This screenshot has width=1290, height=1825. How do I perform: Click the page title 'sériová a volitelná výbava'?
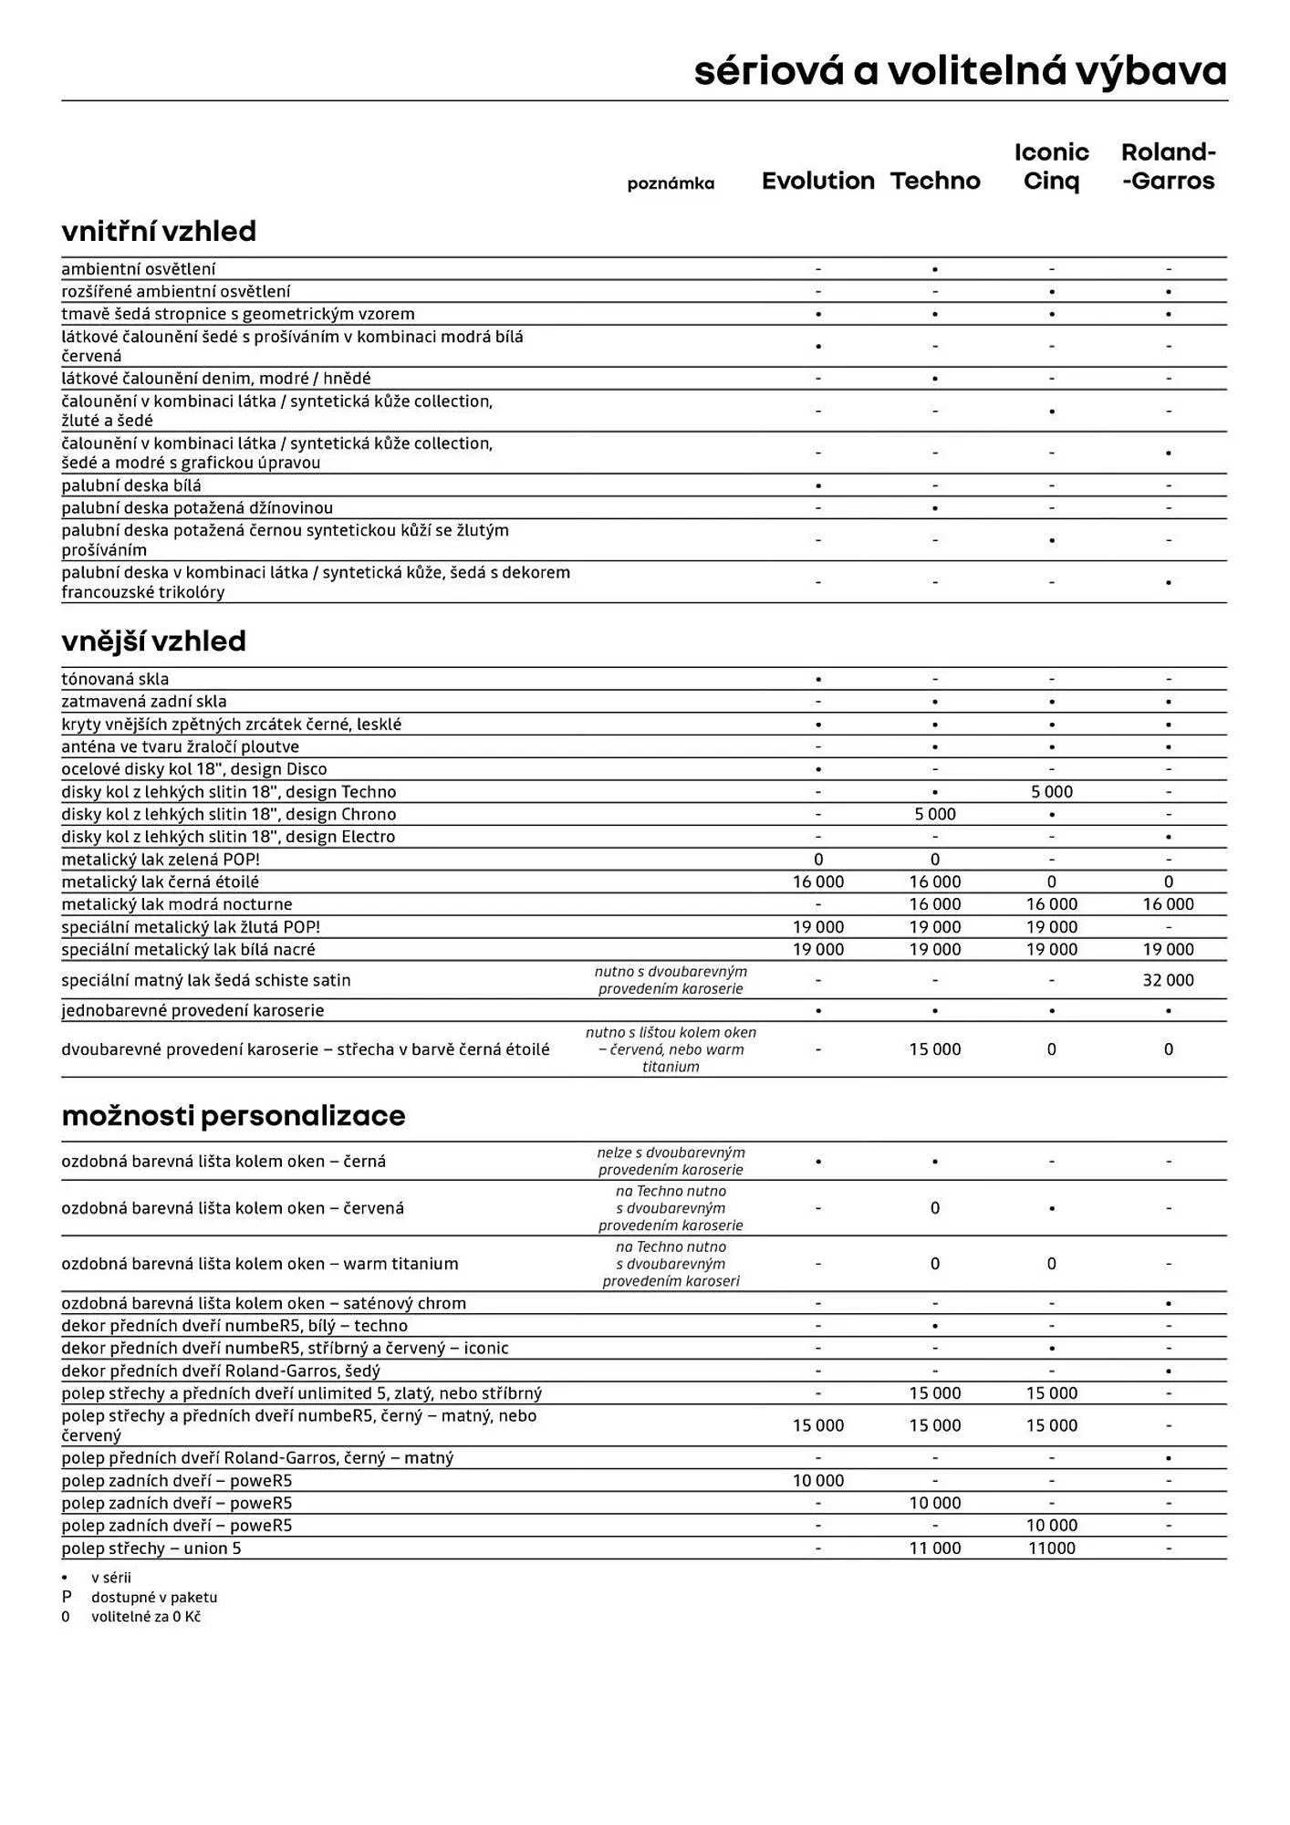pyautogui.click(x=960, y=71)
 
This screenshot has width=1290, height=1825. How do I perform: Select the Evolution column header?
pyautogui.click(x=817, y=181)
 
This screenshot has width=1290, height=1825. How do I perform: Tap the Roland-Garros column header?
pyautogui.click(x=1168, y=166)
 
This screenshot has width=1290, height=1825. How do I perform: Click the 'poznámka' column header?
pyautogui.click(x=671, y=183)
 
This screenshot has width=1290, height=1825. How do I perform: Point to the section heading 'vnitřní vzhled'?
pyautogui.click(x=159, y=231)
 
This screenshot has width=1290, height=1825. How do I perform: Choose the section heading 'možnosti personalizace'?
pyautogui.click(x=233, y=1115)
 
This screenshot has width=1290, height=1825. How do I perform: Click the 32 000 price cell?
pyautogui.click(x=1168, y=980)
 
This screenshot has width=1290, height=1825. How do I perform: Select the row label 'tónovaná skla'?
pyautogui.click(x=115, y=679)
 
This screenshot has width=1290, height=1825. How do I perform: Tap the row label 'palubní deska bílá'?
pyautogui.click(x=131, y=485)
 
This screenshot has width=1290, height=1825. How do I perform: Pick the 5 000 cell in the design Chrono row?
pyautogui.click(x=934, y=814)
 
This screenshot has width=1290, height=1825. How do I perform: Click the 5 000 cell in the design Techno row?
pyautogui.click(x=1051, y=792)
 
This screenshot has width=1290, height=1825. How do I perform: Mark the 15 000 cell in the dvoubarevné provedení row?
pyautogui.click(x=934, y=1049)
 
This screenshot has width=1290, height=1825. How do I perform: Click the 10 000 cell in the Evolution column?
pyautogui.click(x=817, y=1480)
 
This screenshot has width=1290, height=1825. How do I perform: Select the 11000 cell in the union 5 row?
pyautogui.click(x=1051, y=1548)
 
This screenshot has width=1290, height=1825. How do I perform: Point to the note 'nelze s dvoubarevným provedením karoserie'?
pyautogui.click(x=671, y=1161)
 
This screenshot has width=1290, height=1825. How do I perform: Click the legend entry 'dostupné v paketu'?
pyautogui.click(x=153, y=1597)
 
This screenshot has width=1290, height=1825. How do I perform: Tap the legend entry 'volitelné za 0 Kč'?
pyautogui.click(x=145, y=1616)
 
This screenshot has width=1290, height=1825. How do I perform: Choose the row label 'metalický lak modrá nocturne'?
pyautogui.click(x=177, y=904)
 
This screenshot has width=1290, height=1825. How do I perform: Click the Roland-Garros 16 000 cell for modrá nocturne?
pyautogui.click(x=1168, y=904)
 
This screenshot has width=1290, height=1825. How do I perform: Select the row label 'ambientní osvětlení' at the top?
pyautogui.click(x=139, y=269)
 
